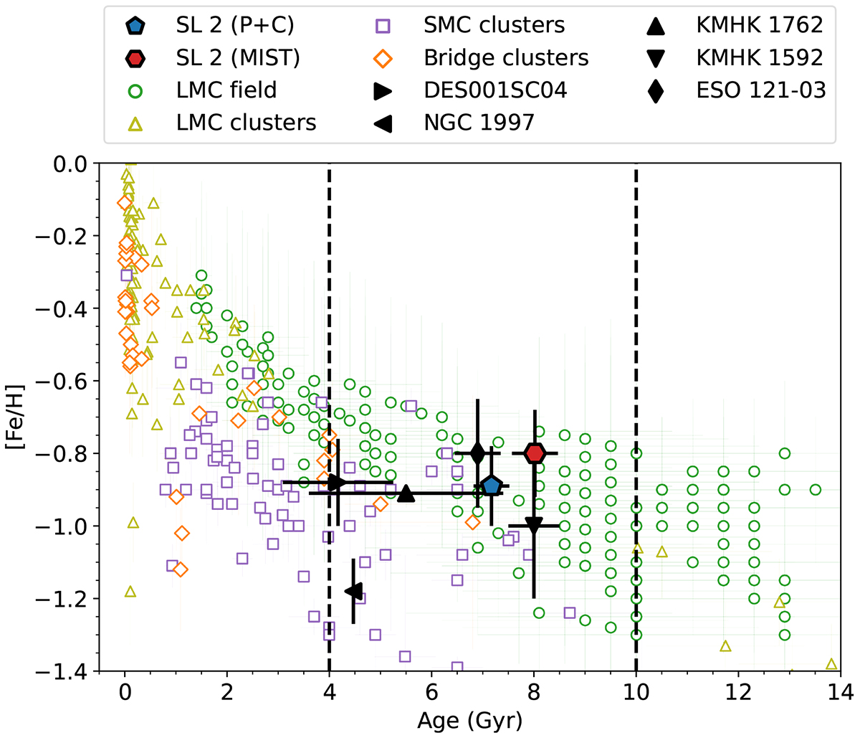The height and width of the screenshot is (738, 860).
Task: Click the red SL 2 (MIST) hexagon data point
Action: click(535, 453)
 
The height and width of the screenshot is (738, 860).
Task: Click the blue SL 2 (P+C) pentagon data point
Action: click(491, 486)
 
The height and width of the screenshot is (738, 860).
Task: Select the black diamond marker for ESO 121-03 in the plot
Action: click(478, 453)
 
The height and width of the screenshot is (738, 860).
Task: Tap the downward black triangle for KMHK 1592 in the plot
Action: click(534, 526)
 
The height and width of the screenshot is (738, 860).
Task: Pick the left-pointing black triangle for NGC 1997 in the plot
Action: click(354, 590)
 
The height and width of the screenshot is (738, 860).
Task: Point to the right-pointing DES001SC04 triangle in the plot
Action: click(337, 482)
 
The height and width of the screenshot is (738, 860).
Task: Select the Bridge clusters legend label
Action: click(506, 57)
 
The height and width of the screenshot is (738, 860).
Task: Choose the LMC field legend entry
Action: click(226, 90)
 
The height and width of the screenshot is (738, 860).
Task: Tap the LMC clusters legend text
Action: click(246, 122)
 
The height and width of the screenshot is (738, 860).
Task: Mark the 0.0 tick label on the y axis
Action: click(72, 164)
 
